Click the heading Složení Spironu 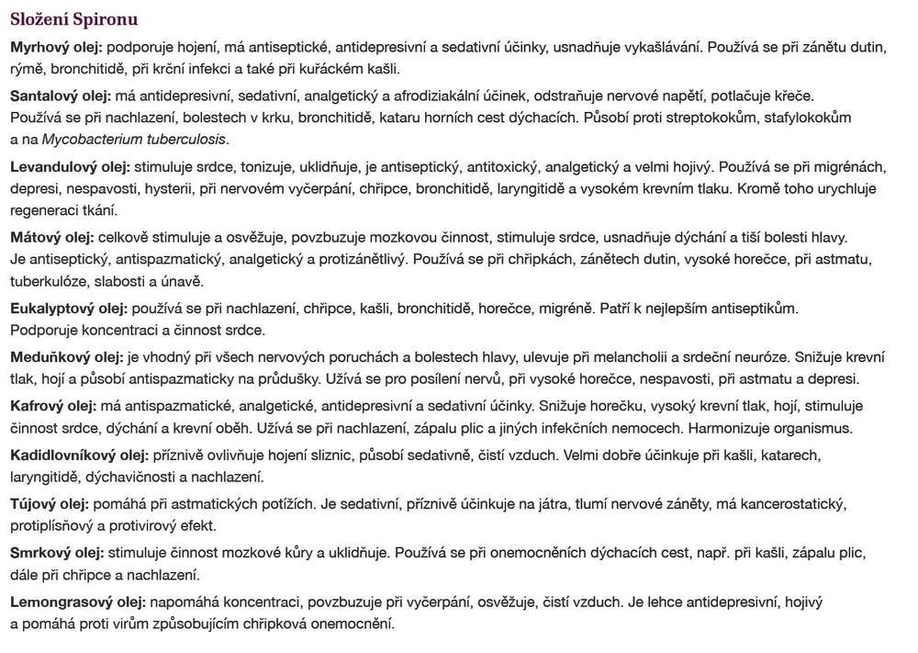(x=73, y=19)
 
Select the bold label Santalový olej (x=61, y=96)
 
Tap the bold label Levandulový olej (x=70, y=167)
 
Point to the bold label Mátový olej (x=52, y=237)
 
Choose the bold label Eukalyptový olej (x=70, y=308)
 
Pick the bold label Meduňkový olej (x=66, y=356)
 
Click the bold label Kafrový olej (x=53, y=406)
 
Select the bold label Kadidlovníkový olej (x=79, y=455)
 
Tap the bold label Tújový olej (x=50, y=504)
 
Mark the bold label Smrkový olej (x=58, y=553)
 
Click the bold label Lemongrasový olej (x=78, y=602)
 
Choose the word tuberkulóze (x=47, y=281)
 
